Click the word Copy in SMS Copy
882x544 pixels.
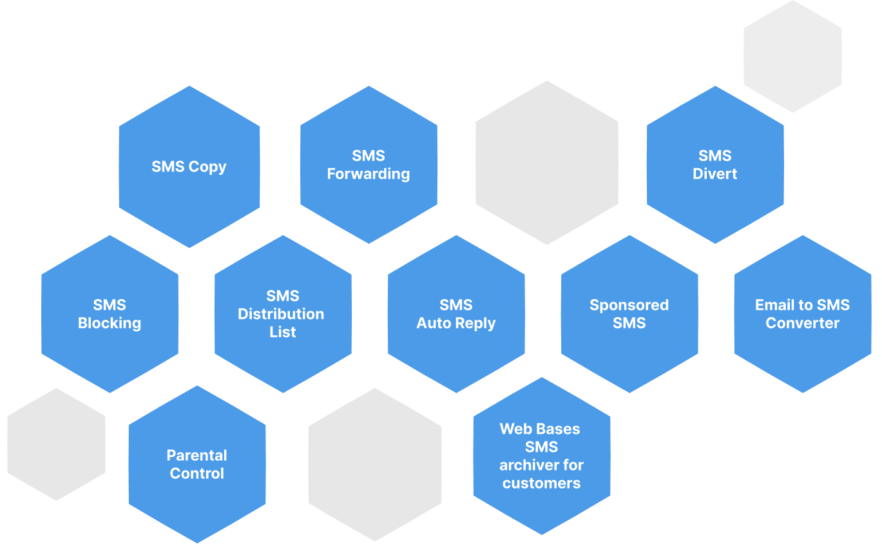207,167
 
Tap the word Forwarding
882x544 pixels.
369,174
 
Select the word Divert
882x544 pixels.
715,174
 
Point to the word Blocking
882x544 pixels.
110,323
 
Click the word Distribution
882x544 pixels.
281,314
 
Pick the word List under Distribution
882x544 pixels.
283,332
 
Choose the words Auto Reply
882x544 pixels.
456,323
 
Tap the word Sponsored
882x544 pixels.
629,305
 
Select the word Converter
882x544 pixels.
802,323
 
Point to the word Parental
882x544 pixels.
197,455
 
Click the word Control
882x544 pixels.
197,473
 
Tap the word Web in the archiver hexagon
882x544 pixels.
513,429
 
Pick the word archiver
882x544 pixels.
541,465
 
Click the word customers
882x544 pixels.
541,483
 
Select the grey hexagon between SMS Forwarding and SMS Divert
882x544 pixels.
547,162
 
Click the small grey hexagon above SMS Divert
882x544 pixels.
792,56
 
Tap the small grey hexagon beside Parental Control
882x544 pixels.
56,444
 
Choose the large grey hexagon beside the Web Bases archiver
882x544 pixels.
375,464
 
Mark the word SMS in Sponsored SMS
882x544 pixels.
629,323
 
